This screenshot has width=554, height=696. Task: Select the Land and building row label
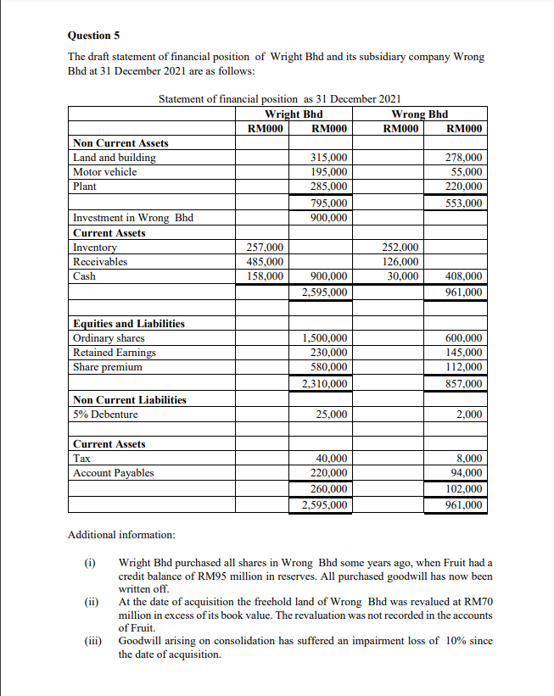click(x=115, y=158)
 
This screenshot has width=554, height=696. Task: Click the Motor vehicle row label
click(x=105, y=172)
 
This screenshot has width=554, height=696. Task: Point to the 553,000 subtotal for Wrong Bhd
click(x=464, y=203)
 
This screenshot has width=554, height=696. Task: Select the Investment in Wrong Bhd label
click(x=133, y=218)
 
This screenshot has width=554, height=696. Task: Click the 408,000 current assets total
click(x=464, y=276)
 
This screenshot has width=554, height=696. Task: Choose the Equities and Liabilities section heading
click(x=129, y=324)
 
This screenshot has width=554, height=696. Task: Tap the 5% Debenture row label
click(x=106, y=415)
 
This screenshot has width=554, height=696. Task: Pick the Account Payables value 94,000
click(x=467, y=473)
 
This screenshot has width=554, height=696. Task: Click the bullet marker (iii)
click(x=91, y=641)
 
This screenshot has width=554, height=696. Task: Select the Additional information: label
click(x=121, y=535)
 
